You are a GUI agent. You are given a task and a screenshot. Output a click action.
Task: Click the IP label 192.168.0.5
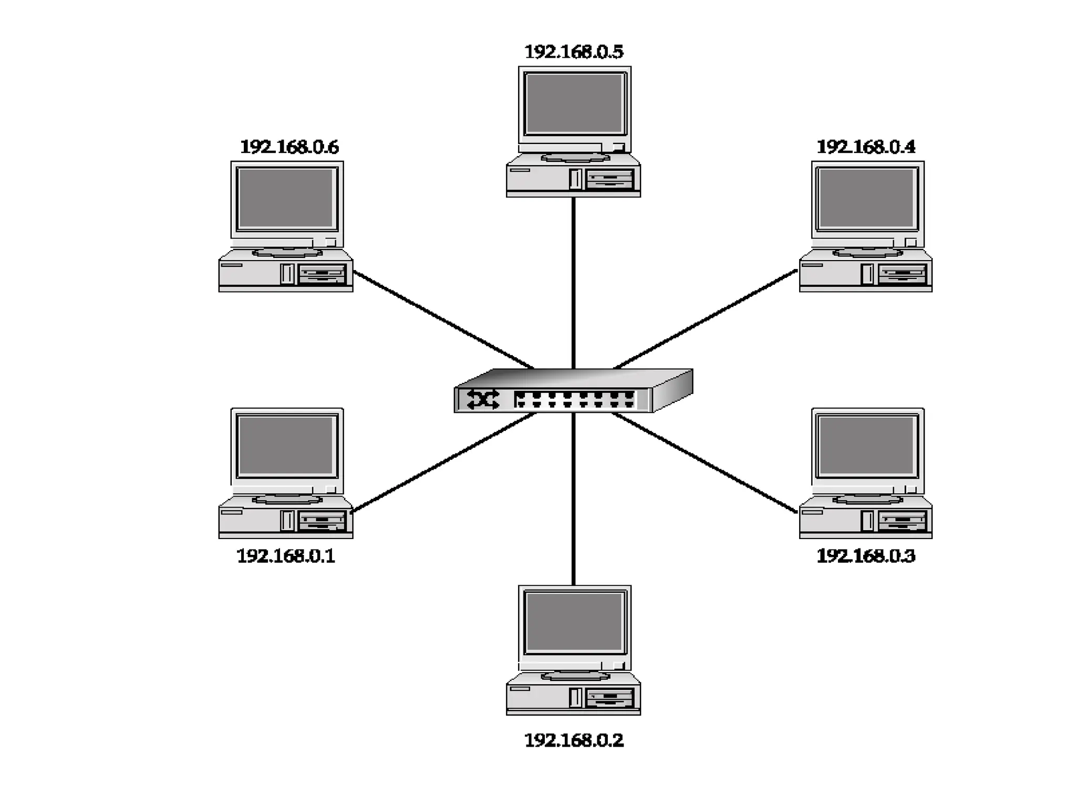coord(574,52)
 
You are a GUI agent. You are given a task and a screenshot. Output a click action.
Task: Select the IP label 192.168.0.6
coord(289,147)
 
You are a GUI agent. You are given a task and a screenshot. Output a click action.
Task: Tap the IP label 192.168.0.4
coord(866,147)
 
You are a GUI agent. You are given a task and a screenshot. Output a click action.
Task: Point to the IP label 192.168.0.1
coord(286,556)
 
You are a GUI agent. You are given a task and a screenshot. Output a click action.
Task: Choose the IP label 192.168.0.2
coord(574,740)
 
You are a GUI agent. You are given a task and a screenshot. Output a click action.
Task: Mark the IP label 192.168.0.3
coord(866,556)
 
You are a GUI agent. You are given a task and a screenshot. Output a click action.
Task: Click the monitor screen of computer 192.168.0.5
coord(574,104)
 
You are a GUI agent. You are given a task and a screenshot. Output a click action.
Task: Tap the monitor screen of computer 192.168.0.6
coord(286,198)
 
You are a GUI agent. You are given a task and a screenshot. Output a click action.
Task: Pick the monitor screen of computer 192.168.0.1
coord(286,446)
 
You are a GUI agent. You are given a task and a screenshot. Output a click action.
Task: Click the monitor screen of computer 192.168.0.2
coord(574,623)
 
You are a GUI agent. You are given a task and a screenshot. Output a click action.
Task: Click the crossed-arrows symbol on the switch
coord(483,399)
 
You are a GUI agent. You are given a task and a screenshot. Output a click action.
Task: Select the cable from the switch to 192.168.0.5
coord(573,284)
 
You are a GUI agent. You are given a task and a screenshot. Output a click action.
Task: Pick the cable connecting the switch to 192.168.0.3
coord(704,462)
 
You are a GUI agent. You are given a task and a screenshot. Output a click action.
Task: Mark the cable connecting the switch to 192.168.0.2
coord(573,499)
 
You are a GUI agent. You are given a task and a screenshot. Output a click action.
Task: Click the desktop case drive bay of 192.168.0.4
coord(902,274)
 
